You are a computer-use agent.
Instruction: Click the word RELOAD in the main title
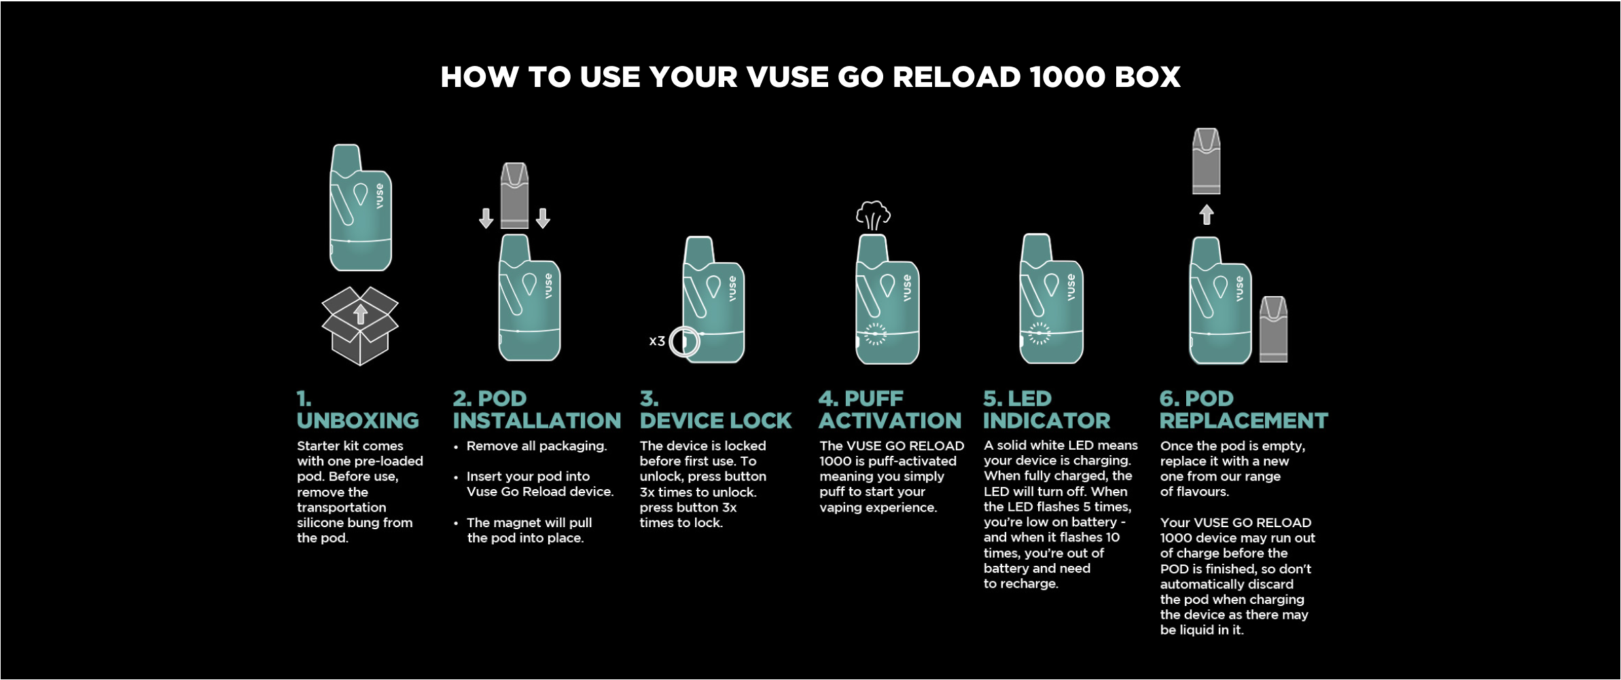(956, 77)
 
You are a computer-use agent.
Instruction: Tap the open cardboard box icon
(360, 326)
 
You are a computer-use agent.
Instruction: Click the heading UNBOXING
(358, 420)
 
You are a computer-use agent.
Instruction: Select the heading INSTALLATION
(537, 420)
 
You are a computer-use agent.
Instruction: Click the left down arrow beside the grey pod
(486, 218)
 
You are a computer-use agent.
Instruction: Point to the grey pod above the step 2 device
(514, 196)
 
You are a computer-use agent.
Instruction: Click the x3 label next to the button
(657, 341)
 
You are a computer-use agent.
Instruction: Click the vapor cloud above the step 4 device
(873, 215)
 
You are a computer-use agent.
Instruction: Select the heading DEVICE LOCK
(715, 420)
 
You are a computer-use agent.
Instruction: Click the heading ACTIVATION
(890, 420)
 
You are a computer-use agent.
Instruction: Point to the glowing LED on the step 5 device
(1039, 334)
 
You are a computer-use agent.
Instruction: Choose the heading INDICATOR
(1046, 420)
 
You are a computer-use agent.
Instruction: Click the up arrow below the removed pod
(1207, 215)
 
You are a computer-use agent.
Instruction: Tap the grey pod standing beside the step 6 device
(1273, 329)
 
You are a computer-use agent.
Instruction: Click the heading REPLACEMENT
(1243, 420)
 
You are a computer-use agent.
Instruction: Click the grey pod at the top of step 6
(1207, 161)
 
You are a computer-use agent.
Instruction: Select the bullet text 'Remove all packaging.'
(537, 446)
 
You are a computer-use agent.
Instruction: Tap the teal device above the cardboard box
(360, 208)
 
